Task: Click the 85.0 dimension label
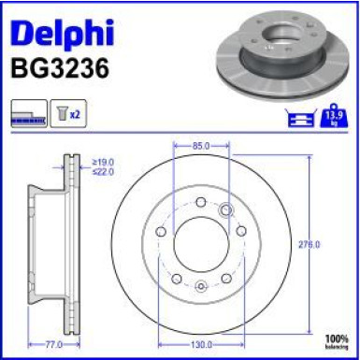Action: (x=201, y=146)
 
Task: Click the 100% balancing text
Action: (x=336, y=338)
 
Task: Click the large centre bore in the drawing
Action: (x=201, y=245)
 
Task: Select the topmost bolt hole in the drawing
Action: (x=201, y=201)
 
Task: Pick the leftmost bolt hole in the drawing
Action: (x=161, y=231)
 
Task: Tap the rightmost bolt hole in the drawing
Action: (x=241, y=231)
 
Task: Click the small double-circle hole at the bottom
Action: (x=201, y=285)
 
